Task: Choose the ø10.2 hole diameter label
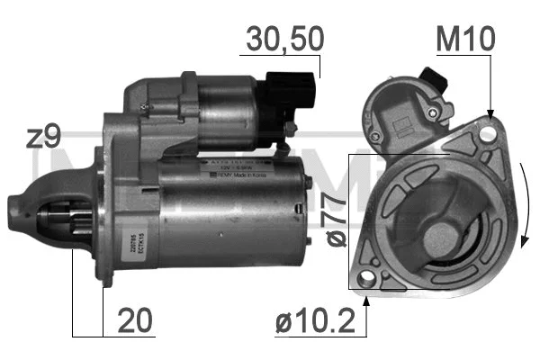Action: point(311,319)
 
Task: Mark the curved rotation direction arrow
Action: point(521,207)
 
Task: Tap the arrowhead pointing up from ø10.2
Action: point(368,292)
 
